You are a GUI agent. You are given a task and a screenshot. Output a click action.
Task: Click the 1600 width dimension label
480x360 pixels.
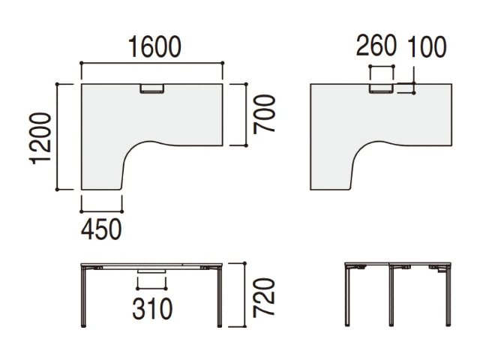(154, 46)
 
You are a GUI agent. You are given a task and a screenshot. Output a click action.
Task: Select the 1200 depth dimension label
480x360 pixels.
(40, 139)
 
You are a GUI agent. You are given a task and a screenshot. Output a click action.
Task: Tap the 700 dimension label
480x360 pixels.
(264, 114)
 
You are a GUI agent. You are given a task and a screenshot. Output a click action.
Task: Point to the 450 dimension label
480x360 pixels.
(101, 229)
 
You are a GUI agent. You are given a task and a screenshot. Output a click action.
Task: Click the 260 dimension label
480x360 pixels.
(376, 46)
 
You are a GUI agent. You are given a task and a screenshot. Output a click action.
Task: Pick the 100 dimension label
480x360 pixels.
(427, 46)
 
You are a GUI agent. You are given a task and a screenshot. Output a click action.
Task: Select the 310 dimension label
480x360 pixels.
(152, 309)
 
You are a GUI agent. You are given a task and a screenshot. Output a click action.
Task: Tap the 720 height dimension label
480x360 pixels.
(264, 297)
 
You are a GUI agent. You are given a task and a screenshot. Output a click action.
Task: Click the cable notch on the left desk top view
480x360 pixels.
(152, 88)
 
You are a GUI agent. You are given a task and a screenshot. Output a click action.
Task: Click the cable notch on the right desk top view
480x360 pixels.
(381, 88)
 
